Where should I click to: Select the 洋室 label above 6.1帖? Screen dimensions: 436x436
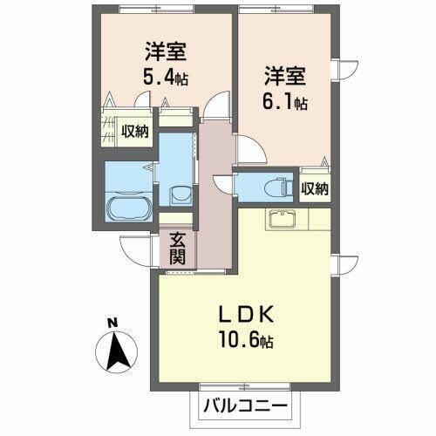click(x=275, y=75)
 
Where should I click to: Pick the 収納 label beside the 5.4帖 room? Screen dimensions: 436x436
click(x=135, y=132)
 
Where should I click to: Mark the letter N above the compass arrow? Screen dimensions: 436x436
click(x=112, y=324)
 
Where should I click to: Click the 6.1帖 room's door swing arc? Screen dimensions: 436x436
click(x=247, y=153)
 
